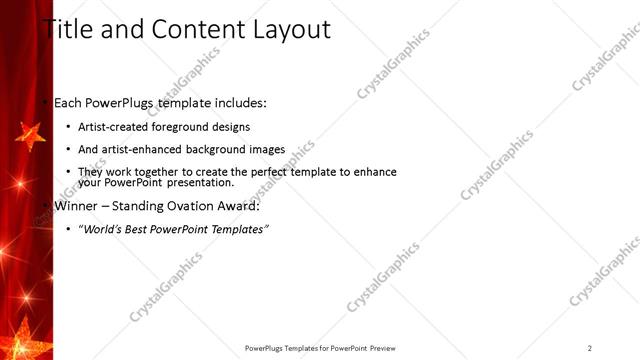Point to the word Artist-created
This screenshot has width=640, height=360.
113,127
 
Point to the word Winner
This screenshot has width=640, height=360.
76,207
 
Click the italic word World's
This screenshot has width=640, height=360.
99,230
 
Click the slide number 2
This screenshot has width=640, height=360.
589,348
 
